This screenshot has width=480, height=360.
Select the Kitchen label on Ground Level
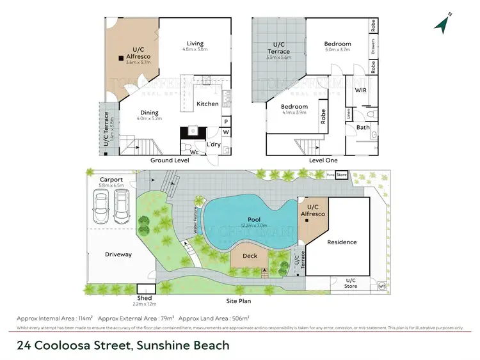(x=207, y=104)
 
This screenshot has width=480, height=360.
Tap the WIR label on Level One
(x=361, y=91)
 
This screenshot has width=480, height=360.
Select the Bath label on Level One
(x=363, y=127)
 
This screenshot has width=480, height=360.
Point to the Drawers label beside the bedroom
(x=372, y=47)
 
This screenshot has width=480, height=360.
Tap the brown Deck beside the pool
(x=250, y=256)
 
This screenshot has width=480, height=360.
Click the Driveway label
(x=118, y=254)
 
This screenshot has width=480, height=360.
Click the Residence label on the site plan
(x=342, y=242)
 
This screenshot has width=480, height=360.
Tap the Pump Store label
(x=337, y=174)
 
